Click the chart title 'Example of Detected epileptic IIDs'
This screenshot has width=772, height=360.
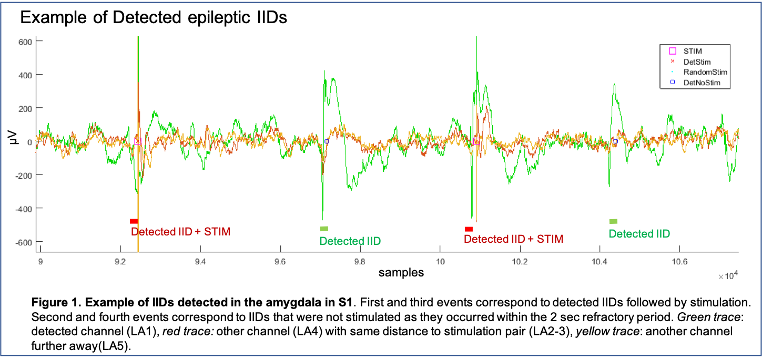point(154,17)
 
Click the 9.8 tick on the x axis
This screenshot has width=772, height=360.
point(360,262)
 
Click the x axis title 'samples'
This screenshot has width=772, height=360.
point(401,272)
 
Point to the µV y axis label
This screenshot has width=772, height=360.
point(9,141)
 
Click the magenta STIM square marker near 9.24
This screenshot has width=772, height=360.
point(138,141)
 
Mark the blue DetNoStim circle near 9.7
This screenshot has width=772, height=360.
point(327,141)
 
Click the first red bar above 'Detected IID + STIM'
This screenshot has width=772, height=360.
point(134,221)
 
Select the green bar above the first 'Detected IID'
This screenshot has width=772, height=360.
point(324,229)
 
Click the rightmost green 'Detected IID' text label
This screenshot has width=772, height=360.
point(639,234)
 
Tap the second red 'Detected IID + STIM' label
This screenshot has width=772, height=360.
point(513,239)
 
